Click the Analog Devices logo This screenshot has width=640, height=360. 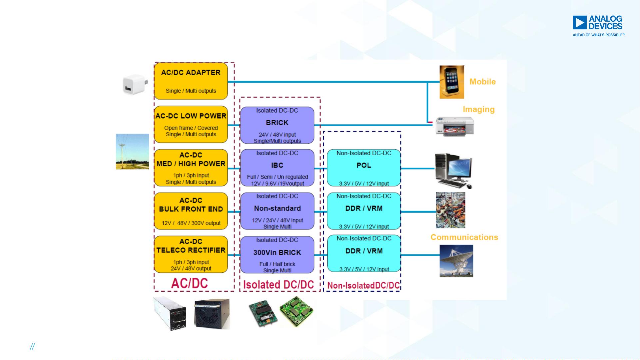[599, 26]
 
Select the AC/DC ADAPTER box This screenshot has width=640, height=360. [191, 81]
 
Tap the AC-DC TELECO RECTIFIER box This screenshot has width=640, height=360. [191, 254]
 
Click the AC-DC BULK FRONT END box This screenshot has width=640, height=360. [191, 211]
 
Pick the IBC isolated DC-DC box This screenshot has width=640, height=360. [277, 168]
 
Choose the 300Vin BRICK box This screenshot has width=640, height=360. [277, 255]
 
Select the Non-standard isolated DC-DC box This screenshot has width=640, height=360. [277, 211]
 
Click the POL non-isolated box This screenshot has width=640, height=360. [364, 168]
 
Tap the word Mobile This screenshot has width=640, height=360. [482, 82]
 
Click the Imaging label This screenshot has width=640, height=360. [478, 110]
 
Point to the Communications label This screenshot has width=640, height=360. [464, 237]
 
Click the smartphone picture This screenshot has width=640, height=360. [452, 82]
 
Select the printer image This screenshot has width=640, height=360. [455, 127]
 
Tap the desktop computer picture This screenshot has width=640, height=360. [454, 171]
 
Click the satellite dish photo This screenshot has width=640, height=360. [456, 261]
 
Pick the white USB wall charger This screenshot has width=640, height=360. [135, 85]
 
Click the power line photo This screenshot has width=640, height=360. [132, 152]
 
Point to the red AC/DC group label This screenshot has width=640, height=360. [190, 283]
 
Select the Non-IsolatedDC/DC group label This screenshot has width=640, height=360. [363, 285]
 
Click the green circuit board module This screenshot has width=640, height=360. [296, 312]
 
